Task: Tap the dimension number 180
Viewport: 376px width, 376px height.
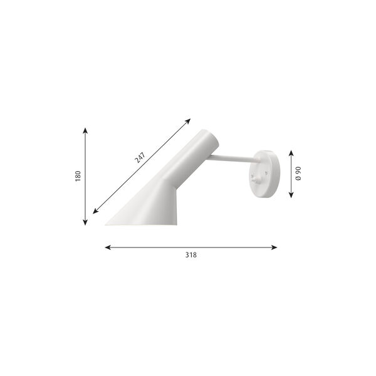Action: [78, 177]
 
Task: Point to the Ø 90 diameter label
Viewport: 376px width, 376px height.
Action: [299, 174]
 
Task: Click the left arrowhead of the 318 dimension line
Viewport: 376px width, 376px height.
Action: [107, 248]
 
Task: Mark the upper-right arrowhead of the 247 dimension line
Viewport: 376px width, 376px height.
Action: [189, 120]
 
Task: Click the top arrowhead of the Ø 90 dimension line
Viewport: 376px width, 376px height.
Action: [291, 152]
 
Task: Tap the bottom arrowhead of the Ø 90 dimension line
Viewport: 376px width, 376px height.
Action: [291, 195]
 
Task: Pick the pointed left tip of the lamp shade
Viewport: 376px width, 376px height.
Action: [107, 222]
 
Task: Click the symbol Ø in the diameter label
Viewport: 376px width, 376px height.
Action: [299, 180]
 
